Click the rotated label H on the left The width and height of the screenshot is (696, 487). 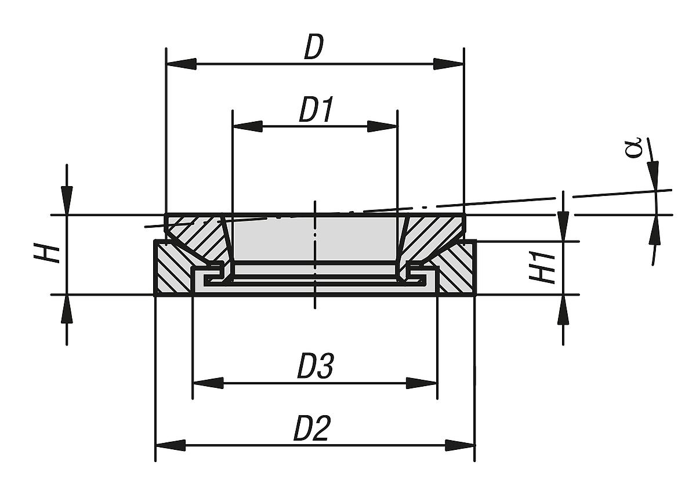pyautogui.click(x=52, y=254)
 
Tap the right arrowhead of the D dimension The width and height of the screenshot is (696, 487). pyautogui.click(x=449, y=64)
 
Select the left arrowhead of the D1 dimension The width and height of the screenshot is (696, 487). pyautogui.click(x=246, y=126)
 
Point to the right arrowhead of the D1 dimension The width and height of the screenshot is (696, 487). pyautogui.click(x=383, y=126)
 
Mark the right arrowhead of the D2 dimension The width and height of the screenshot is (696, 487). pyautogui.click(x=461, y=445)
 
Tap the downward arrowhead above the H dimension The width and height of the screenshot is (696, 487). pyautogui.click(x=67, y=201)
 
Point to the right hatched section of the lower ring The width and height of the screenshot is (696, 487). pyautogui.click(x=458, y=272)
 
